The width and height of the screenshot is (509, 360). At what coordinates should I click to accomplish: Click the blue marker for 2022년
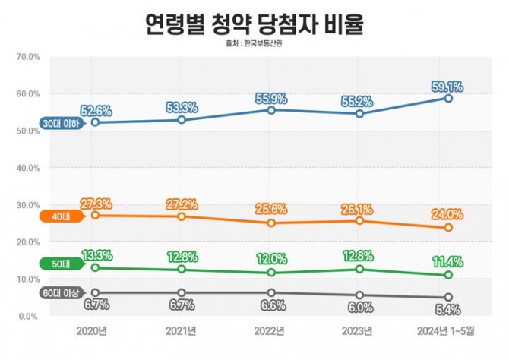[271, 110]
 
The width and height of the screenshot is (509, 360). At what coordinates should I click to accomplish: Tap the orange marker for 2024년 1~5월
[448, 228]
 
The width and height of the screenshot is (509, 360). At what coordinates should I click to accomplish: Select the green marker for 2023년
[360, 269]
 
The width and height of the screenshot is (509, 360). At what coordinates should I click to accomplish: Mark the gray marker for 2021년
[182, 293]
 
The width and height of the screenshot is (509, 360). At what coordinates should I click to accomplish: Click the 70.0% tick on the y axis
[27, 57]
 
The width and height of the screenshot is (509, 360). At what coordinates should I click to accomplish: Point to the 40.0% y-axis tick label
[27, 168]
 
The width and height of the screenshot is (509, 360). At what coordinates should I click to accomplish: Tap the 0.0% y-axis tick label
[29, 316]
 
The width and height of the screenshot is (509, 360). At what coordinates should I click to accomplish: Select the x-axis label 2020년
[93, 331]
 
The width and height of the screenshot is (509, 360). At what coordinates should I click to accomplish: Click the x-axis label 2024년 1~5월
[448, 331]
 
